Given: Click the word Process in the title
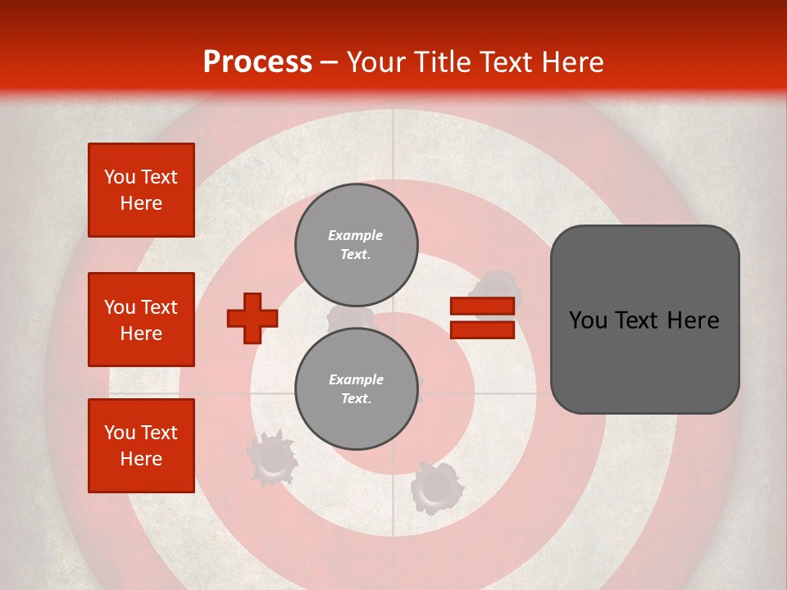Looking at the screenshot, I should pyautogui.click(x=257, y=62).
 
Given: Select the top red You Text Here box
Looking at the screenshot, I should pyautogui.click(x=141, y=190).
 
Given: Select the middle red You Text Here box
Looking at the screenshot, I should pyautogui.click(x=141, y=320).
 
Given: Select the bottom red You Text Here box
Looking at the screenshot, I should pyautogui.click(x=141, y=446).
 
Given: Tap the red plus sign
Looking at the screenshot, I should pyautogui.click(x=252, y=318).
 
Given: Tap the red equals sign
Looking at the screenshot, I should pyautogui.click(x=482, y=318).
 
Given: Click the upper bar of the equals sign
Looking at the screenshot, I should pyautogui.click(x=482, y=306).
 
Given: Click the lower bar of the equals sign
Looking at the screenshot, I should pyautogui.click(x=482, y=329).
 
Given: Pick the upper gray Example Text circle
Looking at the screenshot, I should pyautogui.click(x=357, y=244).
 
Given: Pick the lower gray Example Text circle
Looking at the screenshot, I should pyautogui.click(x=357, y=388).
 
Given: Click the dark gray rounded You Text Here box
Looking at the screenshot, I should pyautogui.click(x=644, y=320).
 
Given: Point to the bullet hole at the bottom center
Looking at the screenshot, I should pyautogui.click(x=436, y=488).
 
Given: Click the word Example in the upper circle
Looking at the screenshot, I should pyautogui.click(x=356, y=235).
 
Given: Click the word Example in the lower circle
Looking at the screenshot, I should pyautogui.click(x=356, y=379).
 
